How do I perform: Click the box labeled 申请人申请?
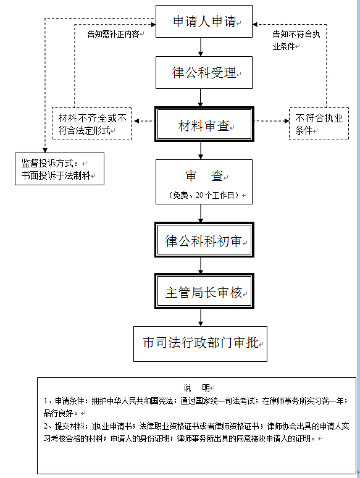[204, 22]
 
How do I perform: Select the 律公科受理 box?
[204, 72]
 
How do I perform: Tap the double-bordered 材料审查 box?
[204, 124]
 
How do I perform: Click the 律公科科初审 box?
[204, 240]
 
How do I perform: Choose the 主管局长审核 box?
[204, 291]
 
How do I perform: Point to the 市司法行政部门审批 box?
[200, 344]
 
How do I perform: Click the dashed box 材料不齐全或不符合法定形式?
[92, 124]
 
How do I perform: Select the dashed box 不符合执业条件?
[319, 124]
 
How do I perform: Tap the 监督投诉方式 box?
[59, 169]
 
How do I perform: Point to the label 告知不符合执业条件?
[296, 40]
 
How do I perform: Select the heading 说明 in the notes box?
[196, 388]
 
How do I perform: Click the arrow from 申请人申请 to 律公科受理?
[201, 47]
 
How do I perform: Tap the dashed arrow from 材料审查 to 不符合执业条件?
[272, 121]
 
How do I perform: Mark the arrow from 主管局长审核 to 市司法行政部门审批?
[201, 317]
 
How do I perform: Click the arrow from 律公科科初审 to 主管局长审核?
[201, 265]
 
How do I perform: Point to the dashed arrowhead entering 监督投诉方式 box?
[45, 150]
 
